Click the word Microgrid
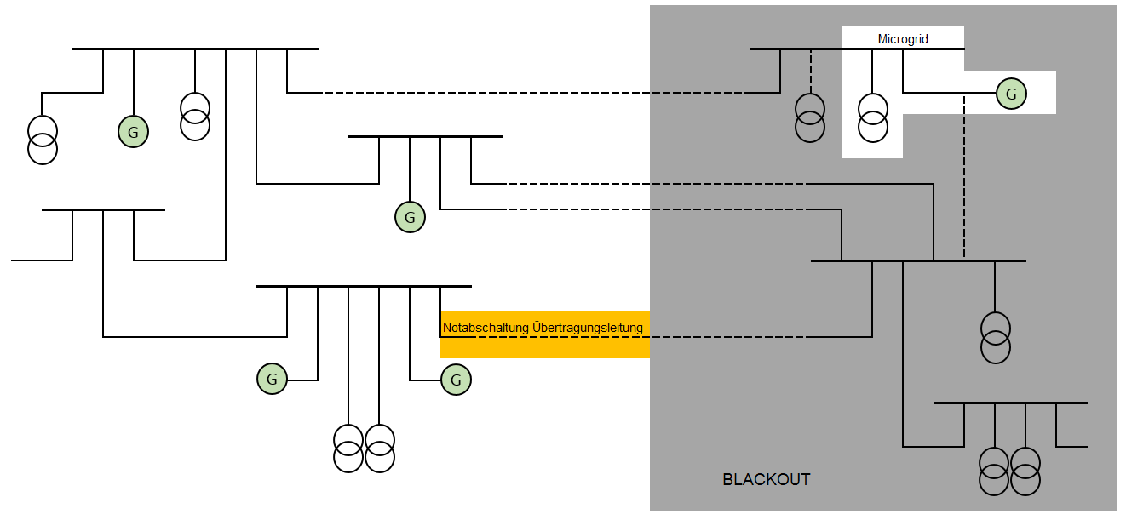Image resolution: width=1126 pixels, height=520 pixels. [x=903, y=39]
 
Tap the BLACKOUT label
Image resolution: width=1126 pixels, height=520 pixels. [x=766, y=479]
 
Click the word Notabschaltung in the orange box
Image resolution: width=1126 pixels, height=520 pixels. [x=485, y=327]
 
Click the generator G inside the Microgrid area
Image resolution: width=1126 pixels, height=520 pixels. [x=1011, y=94]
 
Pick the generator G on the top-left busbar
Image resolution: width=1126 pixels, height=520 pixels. [x=133, y=132]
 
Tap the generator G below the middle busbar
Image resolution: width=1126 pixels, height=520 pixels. [x=410, y=217]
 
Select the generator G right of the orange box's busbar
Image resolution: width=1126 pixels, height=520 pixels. [x=456, y=380]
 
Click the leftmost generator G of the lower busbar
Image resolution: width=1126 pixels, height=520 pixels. [x=272, y=379]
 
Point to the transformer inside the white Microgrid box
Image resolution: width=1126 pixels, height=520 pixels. [x=872, y=117]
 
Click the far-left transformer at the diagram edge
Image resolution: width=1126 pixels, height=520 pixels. [x=43, y=139]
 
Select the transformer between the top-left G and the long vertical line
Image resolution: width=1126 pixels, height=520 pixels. [x=195, y=116]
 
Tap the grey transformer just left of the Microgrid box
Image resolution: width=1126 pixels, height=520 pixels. [x=810, y=117]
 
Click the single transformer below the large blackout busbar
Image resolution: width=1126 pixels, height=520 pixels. [x=995, y=338]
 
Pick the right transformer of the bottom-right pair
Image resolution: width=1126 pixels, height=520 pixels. [x=1025, y=470]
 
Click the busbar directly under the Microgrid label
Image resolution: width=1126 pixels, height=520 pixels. [x=903, y=49]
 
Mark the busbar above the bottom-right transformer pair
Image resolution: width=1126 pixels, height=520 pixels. [x=1010, y=402]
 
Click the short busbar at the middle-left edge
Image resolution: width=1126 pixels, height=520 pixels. [x=103, y=209]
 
